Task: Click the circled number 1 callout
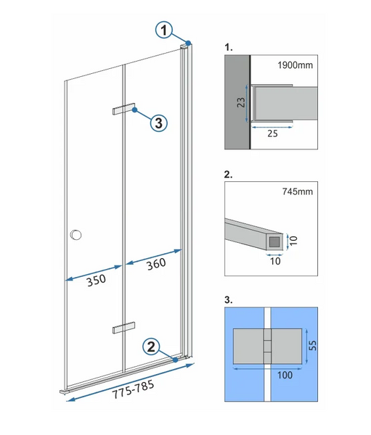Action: point(164,30)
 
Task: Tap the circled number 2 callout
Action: point(151,347)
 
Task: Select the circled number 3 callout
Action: point(159,123)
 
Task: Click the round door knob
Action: point(76,235)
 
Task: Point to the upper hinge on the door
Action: point(124,109)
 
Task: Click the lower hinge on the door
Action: point(124,328)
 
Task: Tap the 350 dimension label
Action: point(96,280)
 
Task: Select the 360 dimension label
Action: point(156,264)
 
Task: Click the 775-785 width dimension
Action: point(133,389)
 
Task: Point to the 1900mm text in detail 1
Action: point(295,65)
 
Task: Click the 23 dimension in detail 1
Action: point(241,102)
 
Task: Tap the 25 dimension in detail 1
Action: point(272,133)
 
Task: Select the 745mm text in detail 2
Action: point(298,191)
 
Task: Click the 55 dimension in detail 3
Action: point(313,345)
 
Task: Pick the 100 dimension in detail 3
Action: point(285,375)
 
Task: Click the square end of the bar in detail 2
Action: point(275,242)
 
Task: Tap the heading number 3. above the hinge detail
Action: point(228,299)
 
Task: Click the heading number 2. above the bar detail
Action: point(228,175)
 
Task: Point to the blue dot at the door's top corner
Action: point(189,43)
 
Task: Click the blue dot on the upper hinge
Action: point(135,110)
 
